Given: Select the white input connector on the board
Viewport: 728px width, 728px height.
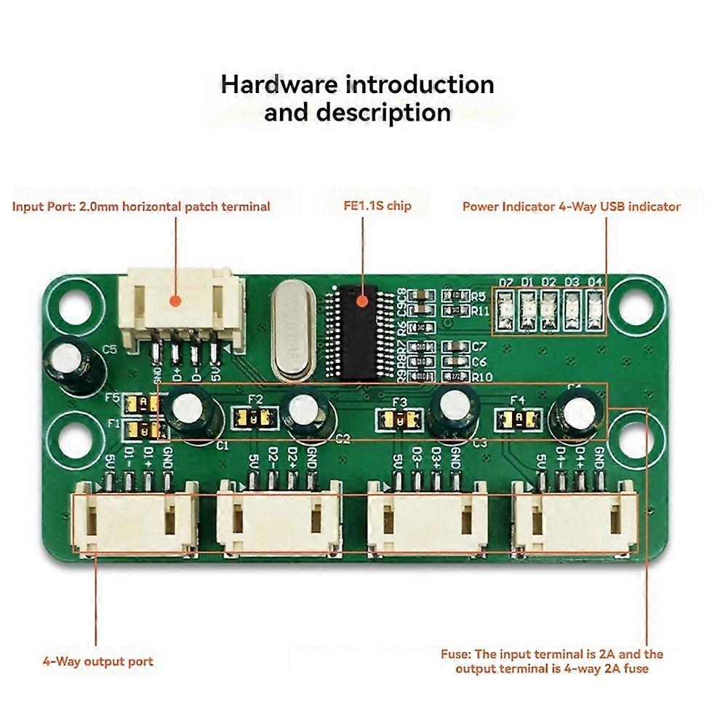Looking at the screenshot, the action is [179, 305].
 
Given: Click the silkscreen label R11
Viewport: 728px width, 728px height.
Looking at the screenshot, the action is [479, 310].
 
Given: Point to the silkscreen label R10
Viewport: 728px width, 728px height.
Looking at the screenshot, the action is [482, 376].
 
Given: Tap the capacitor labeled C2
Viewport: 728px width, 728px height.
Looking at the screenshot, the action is [307, 412].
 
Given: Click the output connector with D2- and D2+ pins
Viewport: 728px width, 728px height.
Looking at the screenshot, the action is [279, 517].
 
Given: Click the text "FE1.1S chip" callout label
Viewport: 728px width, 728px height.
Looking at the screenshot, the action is [377, 206].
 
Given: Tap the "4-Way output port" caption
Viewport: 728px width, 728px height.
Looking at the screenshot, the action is [97, 661].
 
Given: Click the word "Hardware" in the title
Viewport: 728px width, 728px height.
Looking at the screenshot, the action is [279, 84].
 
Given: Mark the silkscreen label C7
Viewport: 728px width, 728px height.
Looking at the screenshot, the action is [479, 347].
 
